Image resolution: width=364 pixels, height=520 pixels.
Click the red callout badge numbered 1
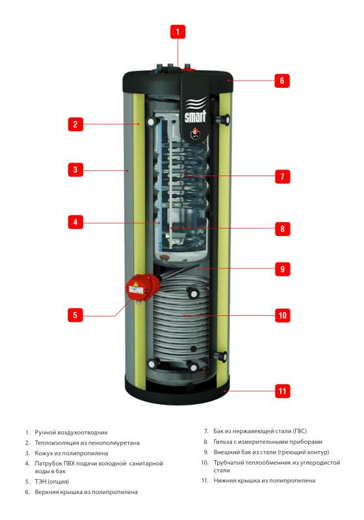[177, 32]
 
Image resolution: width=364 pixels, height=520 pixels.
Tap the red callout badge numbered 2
[75, 124]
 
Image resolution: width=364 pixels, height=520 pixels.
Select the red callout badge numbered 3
[75, 170]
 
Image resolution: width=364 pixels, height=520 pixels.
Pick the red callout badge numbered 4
[75, 222]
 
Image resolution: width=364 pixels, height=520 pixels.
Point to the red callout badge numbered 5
[75, 315]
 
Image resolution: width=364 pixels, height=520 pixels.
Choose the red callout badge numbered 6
[282, 81]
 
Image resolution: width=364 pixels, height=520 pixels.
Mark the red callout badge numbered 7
[283, 176]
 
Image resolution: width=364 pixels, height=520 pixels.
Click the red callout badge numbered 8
[283, 229]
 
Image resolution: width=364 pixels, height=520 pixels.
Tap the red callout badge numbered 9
[283, 268]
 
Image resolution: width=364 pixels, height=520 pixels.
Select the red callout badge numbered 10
[283, 315]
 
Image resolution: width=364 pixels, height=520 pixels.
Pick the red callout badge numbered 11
[283, 391]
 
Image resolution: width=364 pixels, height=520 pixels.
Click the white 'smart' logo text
[195, 116]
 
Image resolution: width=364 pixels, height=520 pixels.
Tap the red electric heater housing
[142, 287]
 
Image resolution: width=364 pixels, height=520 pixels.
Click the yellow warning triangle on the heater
[136, 284]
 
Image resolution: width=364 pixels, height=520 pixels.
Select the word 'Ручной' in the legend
[45, 432]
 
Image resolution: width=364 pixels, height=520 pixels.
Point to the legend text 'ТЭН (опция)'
[52, 482]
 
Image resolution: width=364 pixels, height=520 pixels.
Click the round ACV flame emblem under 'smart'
[195, 132]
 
